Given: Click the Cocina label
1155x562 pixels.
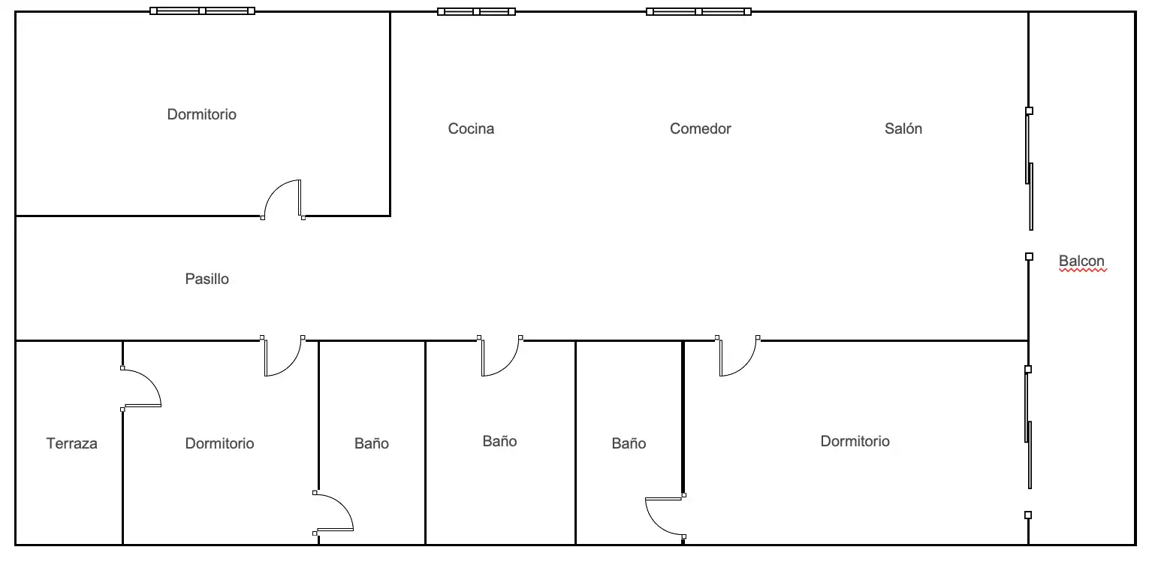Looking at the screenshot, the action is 471,128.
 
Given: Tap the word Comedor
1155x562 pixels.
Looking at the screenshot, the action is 700,128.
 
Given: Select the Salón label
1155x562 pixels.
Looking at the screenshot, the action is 903,128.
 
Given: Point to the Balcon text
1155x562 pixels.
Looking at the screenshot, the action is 1082,261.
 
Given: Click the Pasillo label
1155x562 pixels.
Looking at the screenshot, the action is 207,279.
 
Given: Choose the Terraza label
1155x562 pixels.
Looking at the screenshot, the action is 71,443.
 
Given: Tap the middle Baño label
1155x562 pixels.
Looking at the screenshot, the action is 499,441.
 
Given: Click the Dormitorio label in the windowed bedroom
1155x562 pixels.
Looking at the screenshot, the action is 201,114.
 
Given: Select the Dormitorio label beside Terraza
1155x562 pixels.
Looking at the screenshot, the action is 219,443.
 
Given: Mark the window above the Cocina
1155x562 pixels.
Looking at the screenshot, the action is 476,11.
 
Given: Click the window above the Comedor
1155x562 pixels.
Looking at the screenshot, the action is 698,11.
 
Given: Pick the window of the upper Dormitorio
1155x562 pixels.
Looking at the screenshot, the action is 202,11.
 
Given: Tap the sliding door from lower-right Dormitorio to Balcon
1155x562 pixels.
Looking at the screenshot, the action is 1028,442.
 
